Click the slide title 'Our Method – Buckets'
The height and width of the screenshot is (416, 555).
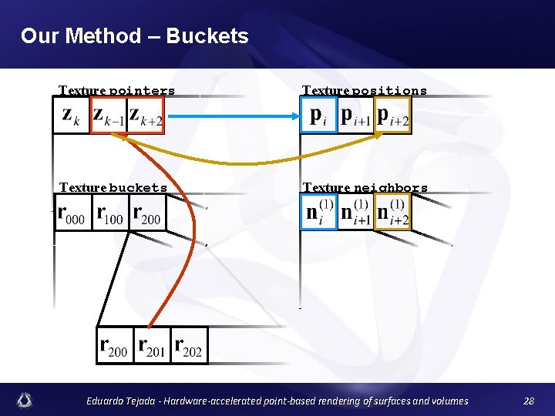(135, 35)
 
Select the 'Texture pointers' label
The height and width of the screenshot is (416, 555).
(117, 91)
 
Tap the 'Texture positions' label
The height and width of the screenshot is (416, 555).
(364, 91)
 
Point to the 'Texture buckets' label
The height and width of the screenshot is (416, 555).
(113, 188)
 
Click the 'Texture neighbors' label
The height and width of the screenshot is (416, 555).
(365, 188)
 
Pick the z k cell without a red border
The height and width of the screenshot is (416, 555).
(70, 116)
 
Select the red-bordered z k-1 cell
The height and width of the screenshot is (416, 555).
(108, 116)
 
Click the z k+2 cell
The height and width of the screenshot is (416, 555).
(146, 116)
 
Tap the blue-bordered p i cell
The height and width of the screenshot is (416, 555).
(318, 116)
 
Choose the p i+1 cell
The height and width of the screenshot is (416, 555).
(355, 116)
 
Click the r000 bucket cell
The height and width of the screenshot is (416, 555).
(72, 213)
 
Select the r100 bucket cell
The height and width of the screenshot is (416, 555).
(109, 213)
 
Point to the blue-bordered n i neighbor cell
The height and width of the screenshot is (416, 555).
(318, 213)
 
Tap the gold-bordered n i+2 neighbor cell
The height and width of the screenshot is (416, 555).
(393, 213)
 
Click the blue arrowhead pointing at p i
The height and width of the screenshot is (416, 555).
(294, 116)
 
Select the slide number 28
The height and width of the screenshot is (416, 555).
(528, 401)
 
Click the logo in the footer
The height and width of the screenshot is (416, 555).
(25, 400)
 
